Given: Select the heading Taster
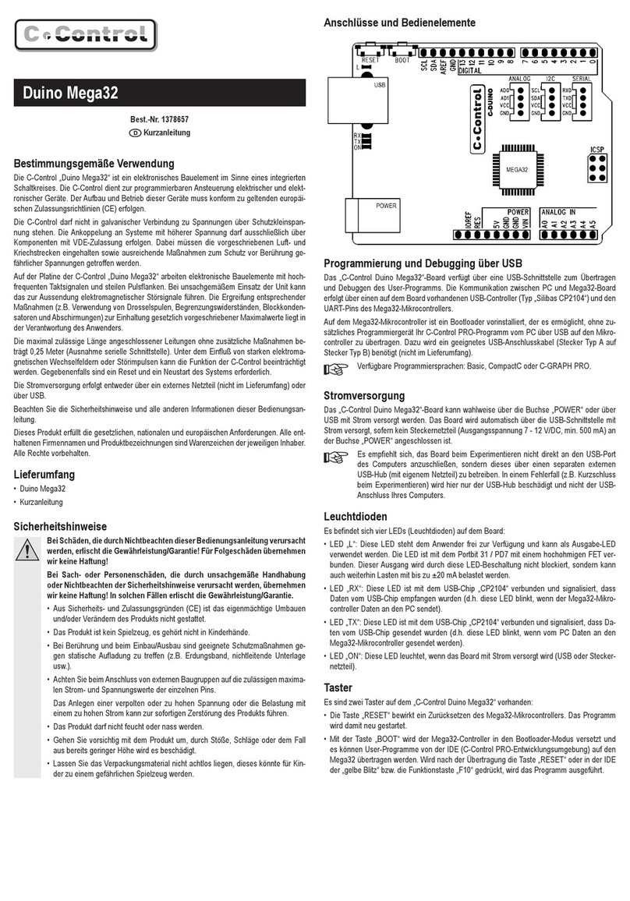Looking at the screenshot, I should click(x=339, y=688).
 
